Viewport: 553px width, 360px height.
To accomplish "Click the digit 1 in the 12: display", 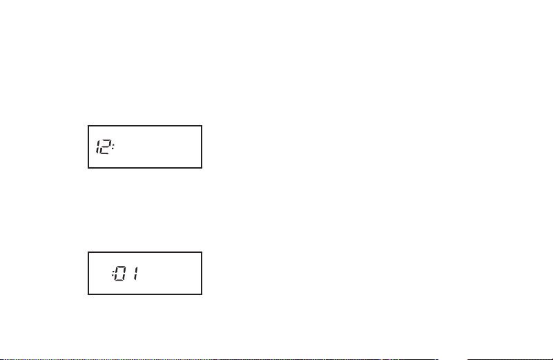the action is click(98, 146).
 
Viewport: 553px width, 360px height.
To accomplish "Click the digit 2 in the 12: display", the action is click(105, 146).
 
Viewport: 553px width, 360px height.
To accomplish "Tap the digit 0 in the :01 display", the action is click(119, 274).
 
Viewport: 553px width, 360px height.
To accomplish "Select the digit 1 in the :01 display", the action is click(136, 274).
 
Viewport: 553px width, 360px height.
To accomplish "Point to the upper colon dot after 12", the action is click(113, 144).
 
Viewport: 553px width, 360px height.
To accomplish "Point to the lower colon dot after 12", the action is click(113, 149).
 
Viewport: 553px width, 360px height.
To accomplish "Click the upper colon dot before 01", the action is click(113, 271).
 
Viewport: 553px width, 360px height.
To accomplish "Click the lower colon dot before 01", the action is click(112, 276).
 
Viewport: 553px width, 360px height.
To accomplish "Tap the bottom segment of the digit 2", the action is click(104, 153).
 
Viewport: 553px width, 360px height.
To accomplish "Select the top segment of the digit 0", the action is click(121, 267).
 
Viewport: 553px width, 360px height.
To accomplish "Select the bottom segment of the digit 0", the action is click(119, 280).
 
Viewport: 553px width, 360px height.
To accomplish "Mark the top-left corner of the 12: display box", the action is click(88, 126).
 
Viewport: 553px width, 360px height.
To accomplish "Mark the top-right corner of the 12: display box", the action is click(202, 126).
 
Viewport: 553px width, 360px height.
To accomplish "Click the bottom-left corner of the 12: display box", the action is click(88, 168).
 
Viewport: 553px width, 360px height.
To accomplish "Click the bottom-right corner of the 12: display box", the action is click(202, 168).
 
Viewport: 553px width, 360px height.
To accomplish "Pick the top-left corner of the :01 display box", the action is click(88, 252).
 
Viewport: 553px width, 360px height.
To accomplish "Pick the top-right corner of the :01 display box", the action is click(202, 252).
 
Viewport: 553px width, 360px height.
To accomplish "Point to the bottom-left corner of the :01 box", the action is click(88, 294).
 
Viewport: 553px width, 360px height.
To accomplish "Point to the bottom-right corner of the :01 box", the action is click(202, 294).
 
